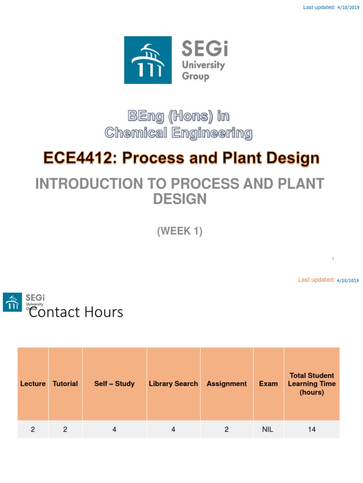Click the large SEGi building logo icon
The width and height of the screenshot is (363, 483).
point(148,60)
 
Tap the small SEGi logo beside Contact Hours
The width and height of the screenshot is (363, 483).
point(12,302)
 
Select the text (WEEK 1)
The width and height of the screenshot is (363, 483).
point(180,232)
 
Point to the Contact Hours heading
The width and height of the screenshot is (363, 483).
point(76,312)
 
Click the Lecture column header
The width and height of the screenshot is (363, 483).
point(33,384)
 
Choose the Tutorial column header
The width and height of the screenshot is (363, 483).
point(65,384)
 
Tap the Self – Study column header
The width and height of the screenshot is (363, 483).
point(114,384)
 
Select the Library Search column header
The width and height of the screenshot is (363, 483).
point(173,384)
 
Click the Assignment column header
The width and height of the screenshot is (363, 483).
point(227,384)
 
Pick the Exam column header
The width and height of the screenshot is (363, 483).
point(268,384)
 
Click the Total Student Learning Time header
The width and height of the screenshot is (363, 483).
point(311,384)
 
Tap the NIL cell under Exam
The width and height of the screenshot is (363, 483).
point(268,430)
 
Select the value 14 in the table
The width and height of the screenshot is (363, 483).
point(311,430)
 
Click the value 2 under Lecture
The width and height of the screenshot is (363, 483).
point(33,430)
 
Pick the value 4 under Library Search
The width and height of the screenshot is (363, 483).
point(173,430)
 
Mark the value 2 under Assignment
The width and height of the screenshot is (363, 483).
point(227,430)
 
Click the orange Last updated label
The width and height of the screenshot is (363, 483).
point(316,280)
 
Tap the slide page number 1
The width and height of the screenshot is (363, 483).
point(333,259)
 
